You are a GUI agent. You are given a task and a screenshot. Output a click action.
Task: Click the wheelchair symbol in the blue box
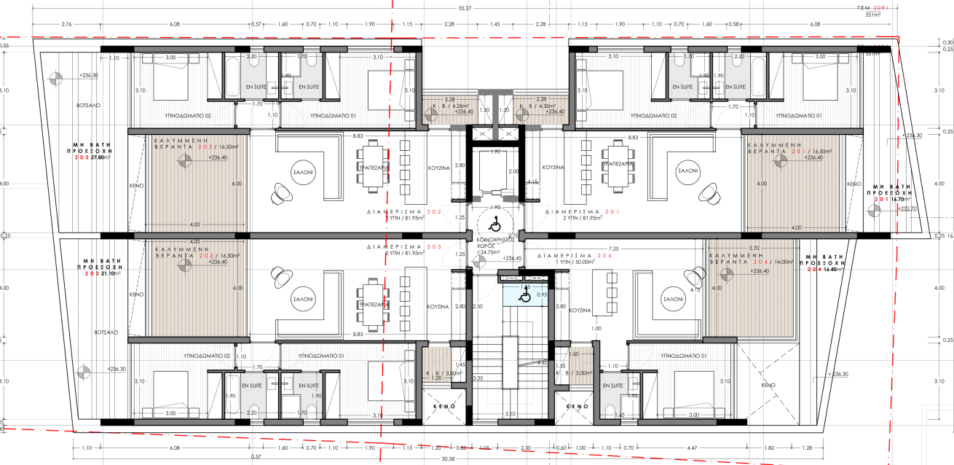pos(524,297)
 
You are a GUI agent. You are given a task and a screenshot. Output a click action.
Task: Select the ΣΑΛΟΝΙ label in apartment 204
pos(674,299)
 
